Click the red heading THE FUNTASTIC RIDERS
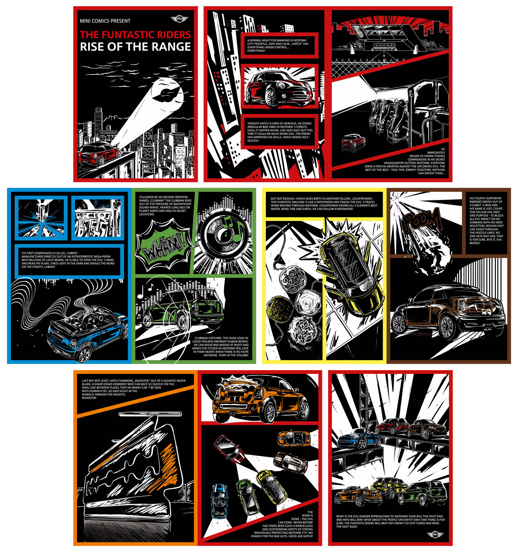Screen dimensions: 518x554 [x=135, y=35]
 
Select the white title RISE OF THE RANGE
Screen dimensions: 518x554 [x=135, y=47]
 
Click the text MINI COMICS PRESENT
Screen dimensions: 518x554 [x=105, y=21]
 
